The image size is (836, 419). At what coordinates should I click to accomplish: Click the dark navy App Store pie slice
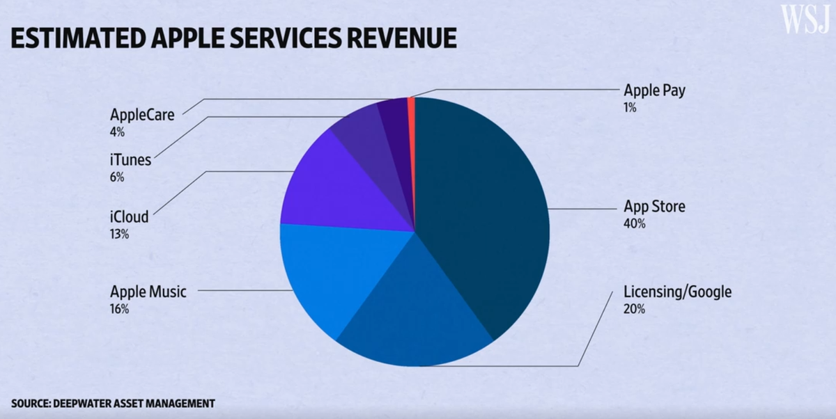coord(481,209)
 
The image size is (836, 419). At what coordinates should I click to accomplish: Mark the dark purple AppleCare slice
coord(392,115)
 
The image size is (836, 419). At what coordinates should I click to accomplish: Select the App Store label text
coord(654,207)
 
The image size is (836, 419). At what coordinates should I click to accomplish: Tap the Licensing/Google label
coord(677,292)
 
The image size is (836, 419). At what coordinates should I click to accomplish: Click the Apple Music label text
coord(148,292)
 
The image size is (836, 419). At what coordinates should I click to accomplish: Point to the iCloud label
coord(129,216)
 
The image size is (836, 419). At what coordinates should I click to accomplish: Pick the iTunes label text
coord(130,160)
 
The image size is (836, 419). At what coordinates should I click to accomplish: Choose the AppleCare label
coord(141,114)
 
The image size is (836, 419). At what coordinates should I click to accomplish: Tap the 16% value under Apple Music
coord(119,309)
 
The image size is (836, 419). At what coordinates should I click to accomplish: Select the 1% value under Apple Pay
coord(630,108)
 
